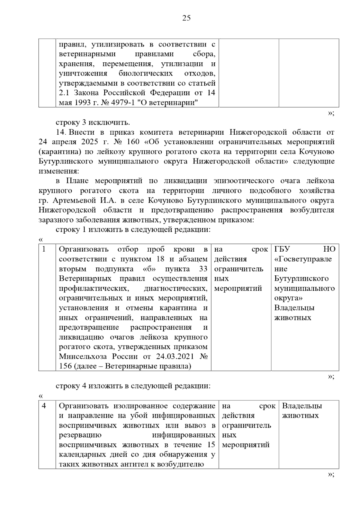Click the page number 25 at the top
coord(186,18)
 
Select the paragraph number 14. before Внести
coord(62,132)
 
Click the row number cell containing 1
coord(44,249)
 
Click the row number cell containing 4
coord(44,406)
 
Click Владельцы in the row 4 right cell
coord(302,406)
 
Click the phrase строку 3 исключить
coord(93,122)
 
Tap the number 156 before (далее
coord(65,366)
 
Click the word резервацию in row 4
coord(80,435)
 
